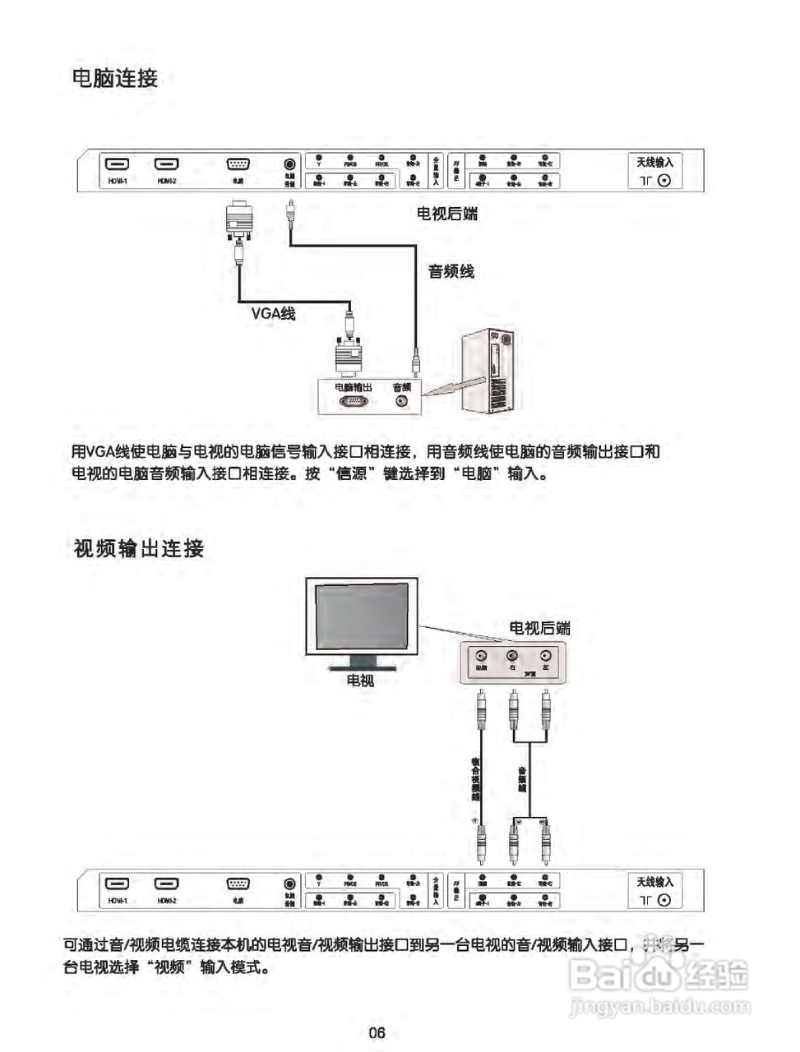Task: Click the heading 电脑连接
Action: (115, 79)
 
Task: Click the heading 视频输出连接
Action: (139, 549)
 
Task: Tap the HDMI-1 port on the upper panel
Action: (116, 165)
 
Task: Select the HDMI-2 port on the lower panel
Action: (168, 884)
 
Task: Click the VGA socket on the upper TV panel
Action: (238, 165)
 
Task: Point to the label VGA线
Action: (273, 314)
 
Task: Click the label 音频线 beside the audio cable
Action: (451, 271)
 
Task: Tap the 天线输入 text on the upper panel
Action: (654, 163)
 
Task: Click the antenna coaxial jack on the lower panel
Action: (664, 900)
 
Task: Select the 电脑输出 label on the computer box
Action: (354, 386)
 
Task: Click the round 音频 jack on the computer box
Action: (402, 401)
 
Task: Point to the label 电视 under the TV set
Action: (360, 681)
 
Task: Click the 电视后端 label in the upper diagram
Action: (446, 214)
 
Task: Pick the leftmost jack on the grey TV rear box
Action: (482, 656)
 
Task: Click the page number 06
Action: (377, 1033)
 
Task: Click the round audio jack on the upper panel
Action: (289, 165)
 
